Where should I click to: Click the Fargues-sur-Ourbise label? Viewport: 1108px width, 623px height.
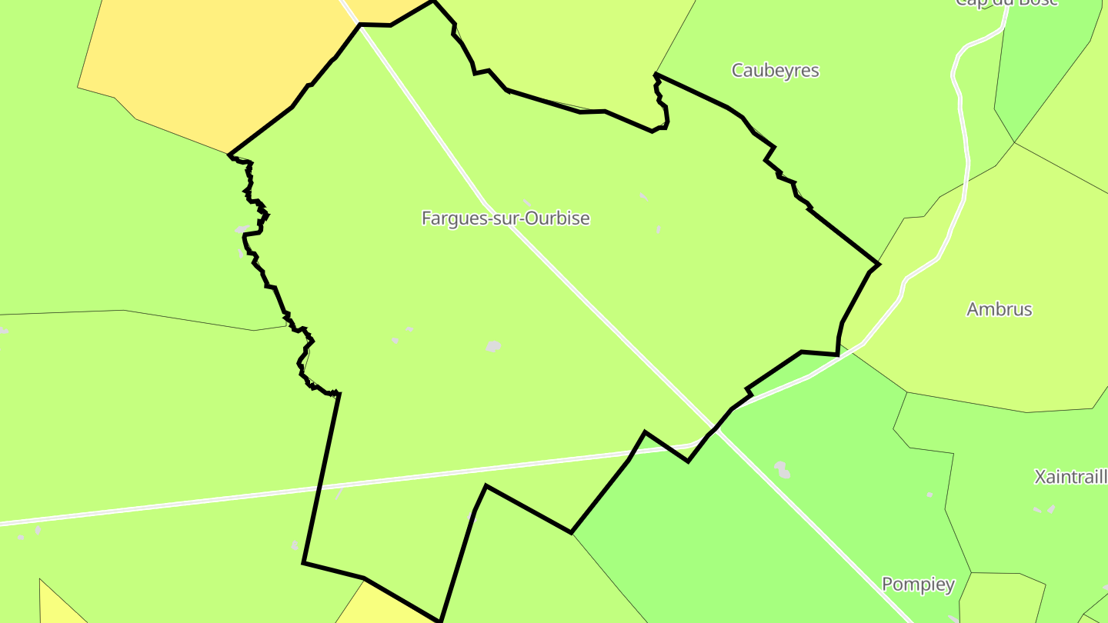tap(506, 218)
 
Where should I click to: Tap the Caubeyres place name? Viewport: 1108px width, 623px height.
tap(775, 71)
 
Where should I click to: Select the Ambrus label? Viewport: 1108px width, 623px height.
tap(999, 309)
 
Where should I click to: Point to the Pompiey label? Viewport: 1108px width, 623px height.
tap(918, 585)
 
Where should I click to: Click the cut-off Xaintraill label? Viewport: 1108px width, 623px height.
tap(1071, 477)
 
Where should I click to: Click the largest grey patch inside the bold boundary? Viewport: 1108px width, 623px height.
tap(493, 346)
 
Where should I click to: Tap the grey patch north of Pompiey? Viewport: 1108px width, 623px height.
tap(782, 469)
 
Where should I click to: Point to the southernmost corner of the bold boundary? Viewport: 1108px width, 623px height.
tap(439, 620)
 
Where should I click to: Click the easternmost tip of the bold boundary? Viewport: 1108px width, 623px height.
tap(879, 264)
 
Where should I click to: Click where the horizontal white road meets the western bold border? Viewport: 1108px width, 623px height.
tap(320, 488)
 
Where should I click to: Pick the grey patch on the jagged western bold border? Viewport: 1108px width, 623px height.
tap(242, 229)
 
